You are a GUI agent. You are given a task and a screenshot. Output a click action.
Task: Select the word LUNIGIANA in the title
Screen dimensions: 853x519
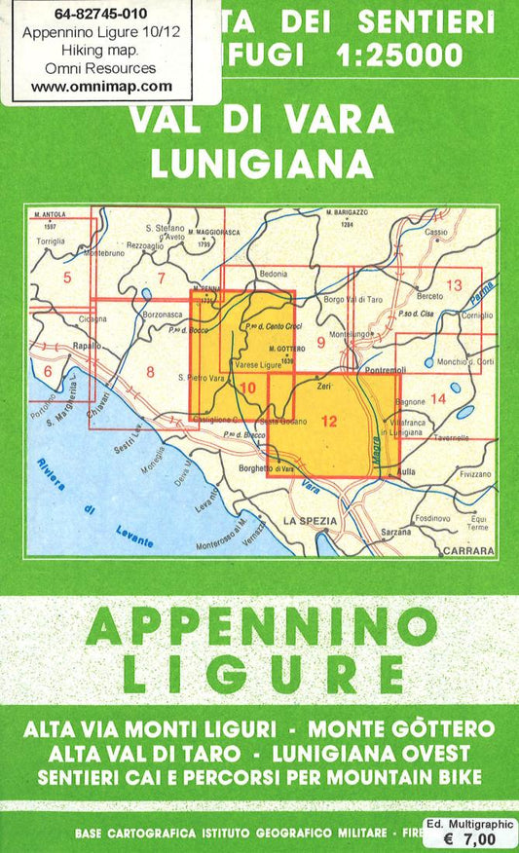coord(262,163)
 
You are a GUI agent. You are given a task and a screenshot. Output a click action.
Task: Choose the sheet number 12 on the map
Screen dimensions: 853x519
coord(328,421)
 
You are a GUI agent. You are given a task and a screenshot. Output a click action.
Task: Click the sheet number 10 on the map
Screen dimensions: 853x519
coord(247,389)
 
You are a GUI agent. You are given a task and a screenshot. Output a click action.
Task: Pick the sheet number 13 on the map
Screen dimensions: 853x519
coord(453,284)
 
